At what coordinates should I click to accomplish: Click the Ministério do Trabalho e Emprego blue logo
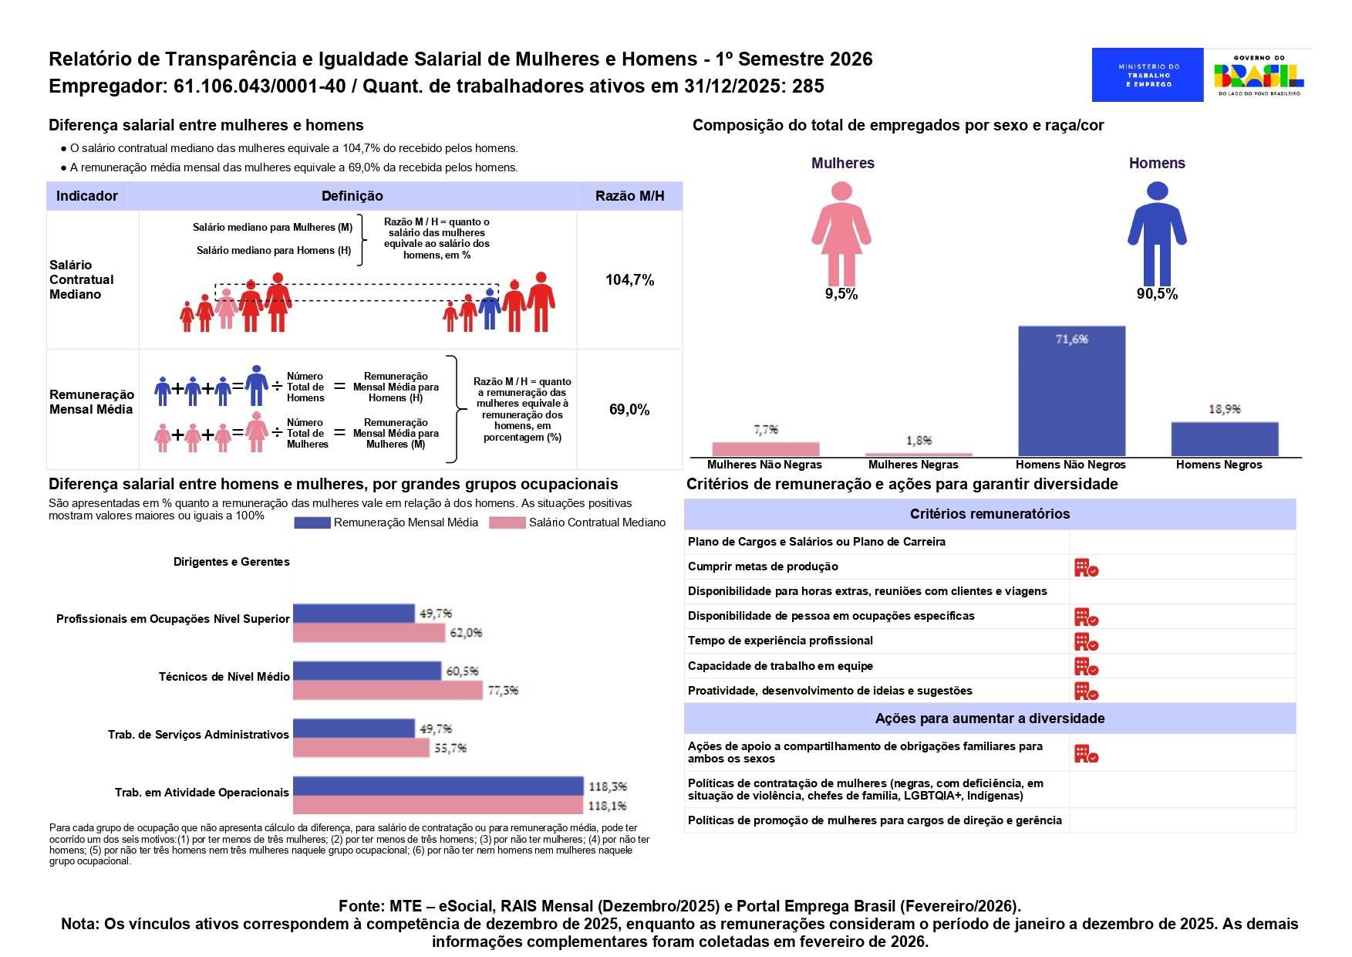click(1147, 75)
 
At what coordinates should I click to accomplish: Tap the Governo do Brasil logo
click(1259, 75)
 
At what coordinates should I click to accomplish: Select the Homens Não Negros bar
click(1071, 391)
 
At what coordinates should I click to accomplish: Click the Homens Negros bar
click(1224, 439)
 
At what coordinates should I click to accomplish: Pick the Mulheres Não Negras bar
click(765, 448)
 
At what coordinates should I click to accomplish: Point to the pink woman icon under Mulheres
click(841, 233)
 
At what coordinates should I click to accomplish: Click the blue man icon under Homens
click(1157, 233)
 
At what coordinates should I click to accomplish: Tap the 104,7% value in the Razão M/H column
click(629, 280)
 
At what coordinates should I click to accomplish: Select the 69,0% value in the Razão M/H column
click(629, 410)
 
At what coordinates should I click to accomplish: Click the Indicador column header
click(87, 196)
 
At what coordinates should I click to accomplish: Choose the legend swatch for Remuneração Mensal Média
click(312, 523)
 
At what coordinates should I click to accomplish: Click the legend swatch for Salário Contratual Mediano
click(507, 523)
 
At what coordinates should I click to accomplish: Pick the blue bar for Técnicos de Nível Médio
click(367, 671)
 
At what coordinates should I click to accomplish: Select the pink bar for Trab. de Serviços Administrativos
click(361, 748)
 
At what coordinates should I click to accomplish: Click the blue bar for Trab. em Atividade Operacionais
click(438, 786)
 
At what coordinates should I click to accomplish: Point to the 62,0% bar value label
click(466, 633)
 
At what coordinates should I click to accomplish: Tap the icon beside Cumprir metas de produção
click(1086, 568)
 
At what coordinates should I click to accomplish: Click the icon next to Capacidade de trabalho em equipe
click(1086, 667)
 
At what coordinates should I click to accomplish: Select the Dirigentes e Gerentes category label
click(231, 562)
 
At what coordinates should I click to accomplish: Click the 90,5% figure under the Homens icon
click(1157, 294)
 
